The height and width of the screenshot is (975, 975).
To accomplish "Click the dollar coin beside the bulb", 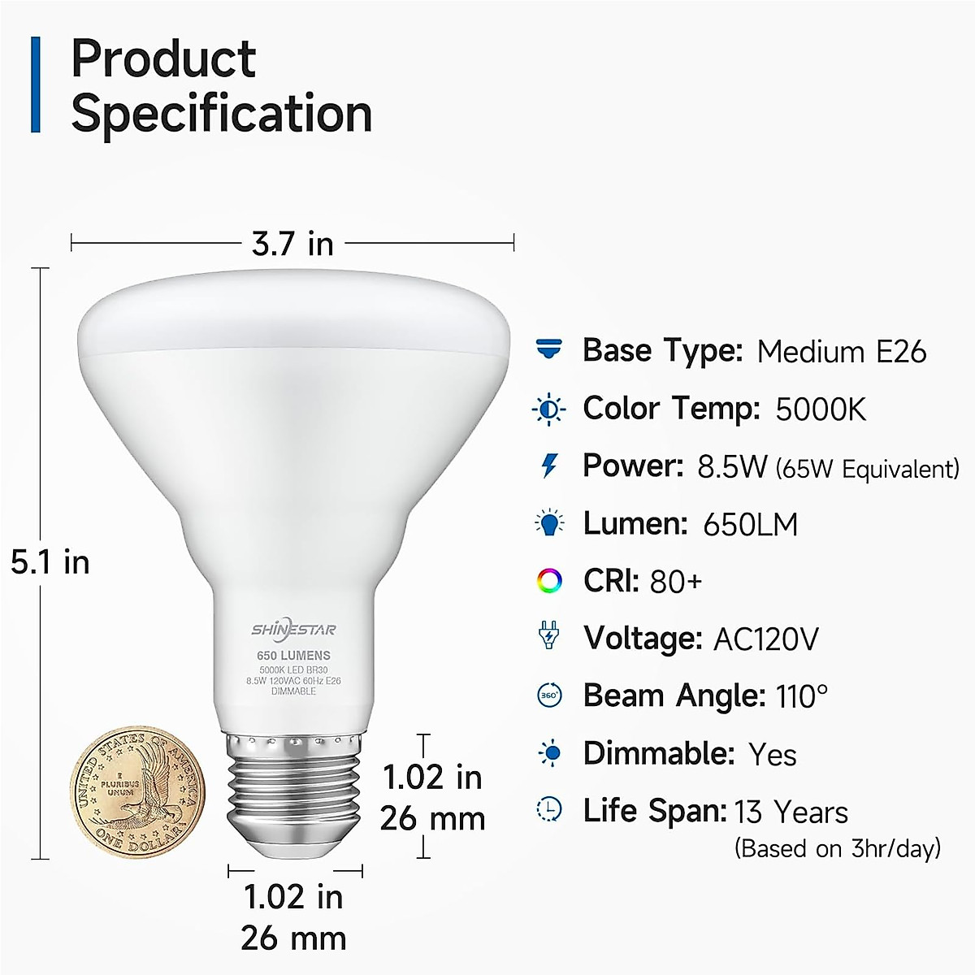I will click(136, 789).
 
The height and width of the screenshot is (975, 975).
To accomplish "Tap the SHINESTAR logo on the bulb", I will click(293, 630).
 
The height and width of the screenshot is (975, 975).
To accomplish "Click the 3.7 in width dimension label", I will click(293, 243).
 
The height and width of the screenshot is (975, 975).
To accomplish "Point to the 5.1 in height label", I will click(50, 562).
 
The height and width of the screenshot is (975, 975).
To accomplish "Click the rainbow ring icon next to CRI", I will click(549, 580).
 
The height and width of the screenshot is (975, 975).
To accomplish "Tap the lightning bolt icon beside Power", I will click(550, 466).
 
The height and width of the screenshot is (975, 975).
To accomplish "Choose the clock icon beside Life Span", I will click(550, 809).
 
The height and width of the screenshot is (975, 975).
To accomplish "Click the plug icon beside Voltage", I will click(549, 636).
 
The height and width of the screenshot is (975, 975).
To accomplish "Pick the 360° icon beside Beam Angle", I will click(549, 695).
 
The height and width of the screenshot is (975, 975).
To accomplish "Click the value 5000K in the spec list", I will click(821, 409).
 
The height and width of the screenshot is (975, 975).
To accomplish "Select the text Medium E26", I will click(841, 351).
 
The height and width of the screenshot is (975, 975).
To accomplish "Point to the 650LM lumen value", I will click(750, 524).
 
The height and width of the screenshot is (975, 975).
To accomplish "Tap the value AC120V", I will click(765, 639).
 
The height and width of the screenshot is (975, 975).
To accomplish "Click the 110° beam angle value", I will click(801, 696).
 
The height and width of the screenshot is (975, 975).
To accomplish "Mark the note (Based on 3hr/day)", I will click(837, 848).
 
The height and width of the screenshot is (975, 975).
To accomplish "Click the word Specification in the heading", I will click(222, 114).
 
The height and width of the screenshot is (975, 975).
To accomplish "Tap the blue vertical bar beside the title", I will click(35, 84).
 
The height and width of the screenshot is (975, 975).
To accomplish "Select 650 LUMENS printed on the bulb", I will click(293, 655).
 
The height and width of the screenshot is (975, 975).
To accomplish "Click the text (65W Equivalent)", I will click(867, 469).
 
